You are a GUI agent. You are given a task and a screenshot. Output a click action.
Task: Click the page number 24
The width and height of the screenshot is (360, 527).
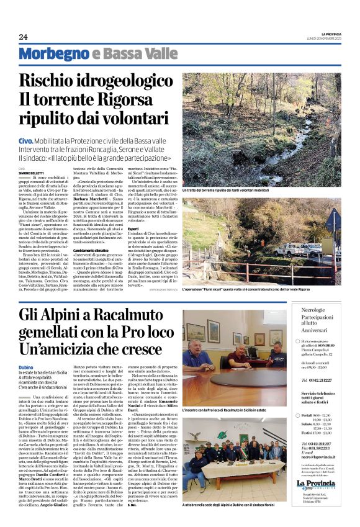click(x=23, y=37)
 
